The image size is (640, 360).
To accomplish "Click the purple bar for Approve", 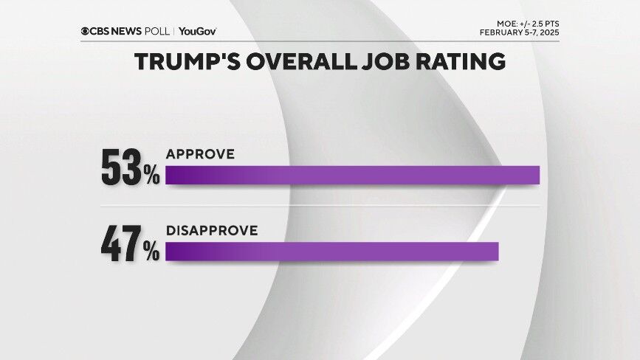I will point(352,175).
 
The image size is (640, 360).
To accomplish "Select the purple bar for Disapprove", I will point(331,252).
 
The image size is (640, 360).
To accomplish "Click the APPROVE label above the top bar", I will point(200,154).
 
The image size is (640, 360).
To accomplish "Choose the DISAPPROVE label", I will point(211,231).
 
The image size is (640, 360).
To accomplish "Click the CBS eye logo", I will point(86,31).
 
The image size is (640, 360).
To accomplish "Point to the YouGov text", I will point(197,31).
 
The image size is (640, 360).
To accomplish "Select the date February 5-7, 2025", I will point(519,33).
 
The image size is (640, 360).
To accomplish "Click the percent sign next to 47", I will point(151,252).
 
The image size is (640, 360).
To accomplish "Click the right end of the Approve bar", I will point(537,175).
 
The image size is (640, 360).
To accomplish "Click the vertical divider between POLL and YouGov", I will point(173,31).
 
